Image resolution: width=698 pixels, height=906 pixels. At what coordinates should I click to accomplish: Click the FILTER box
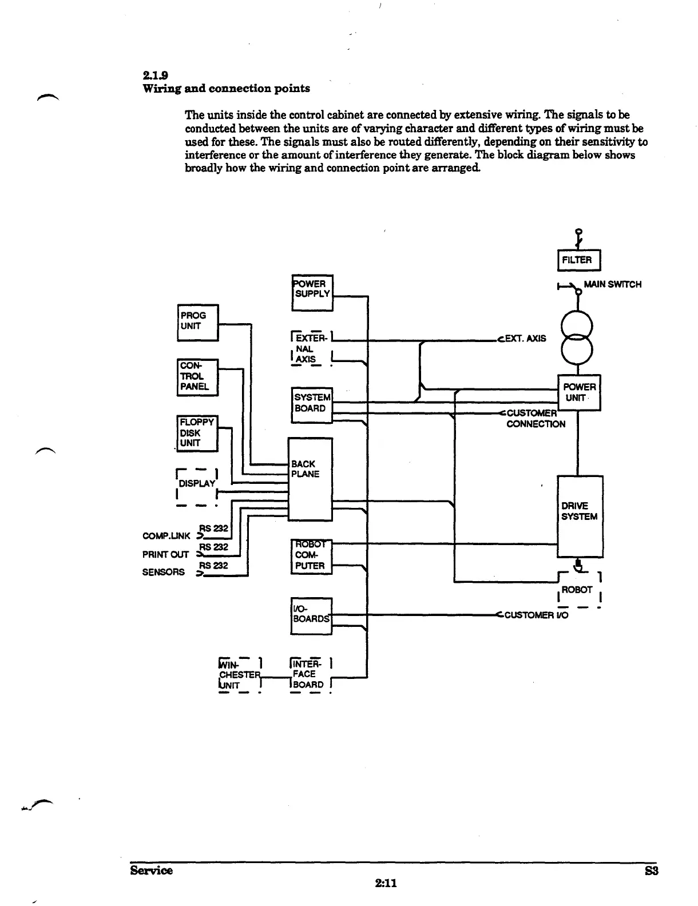[577, 260]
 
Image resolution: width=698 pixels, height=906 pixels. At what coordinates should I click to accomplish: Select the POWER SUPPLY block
[312, 293]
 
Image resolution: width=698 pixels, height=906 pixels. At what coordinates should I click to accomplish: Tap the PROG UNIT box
[197, 322]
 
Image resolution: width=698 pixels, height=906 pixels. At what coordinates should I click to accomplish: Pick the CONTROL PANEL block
[197, 376]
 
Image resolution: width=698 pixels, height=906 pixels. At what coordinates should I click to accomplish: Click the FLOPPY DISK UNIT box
[197, 433]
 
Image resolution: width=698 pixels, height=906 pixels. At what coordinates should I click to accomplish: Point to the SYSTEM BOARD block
[312, 403]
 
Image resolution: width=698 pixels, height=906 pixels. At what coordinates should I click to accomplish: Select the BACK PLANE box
[310, 479]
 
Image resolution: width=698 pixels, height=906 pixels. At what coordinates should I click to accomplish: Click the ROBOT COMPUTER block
[311, 556]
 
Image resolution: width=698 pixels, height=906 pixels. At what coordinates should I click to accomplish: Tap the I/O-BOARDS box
[311, 615]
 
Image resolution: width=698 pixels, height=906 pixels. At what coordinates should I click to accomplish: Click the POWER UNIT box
[579, 392]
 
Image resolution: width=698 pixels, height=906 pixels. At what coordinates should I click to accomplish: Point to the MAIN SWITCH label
[612, 284]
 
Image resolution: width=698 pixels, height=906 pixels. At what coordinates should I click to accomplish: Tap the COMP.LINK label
[166, 536]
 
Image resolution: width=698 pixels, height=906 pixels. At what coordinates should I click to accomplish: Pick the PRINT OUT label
[165, 554]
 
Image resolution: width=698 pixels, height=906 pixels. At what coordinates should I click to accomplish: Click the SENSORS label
[164, 572]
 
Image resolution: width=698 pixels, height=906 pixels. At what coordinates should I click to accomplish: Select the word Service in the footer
[151, 871]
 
